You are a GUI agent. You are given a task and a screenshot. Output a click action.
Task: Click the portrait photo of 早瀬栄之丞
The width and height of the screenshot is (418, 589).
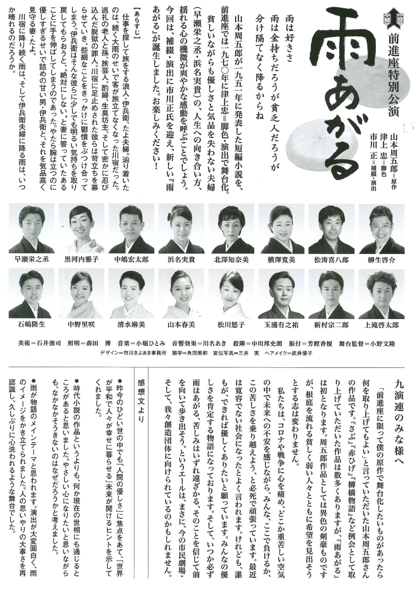click(31, 228)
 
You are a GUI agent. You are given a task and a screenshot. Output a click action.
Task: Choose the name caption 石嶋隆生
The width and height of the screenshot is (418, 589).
click(31, 324)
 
